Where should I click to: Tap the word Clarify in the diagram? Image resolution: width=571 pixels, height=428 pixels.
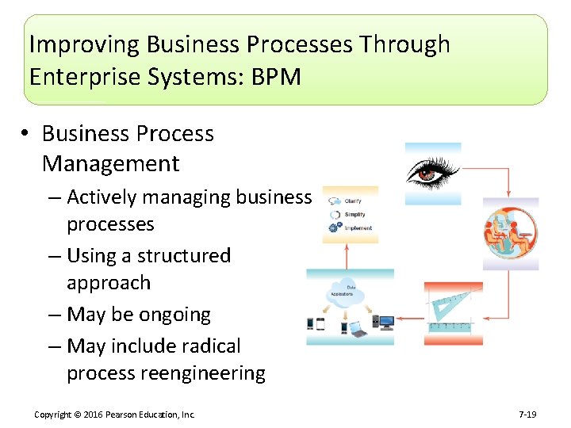[354, 202]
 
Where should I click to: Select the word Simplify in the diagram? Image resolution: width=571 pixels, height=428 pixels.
[354, 215]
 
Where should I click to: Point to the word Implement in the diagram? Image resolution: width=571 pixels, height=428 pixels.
[358, 228]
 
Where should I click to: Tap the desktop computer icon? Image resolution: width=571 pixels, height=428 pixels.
[386, 323]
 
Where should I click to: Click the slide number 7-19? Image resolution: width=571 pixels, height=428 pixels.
[528, 415]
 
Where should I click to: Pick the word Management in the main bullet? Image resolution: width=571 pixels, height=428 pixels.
[110, 164]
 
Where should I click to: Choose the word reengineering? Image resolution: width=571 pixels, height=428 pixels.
[206, 373]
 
